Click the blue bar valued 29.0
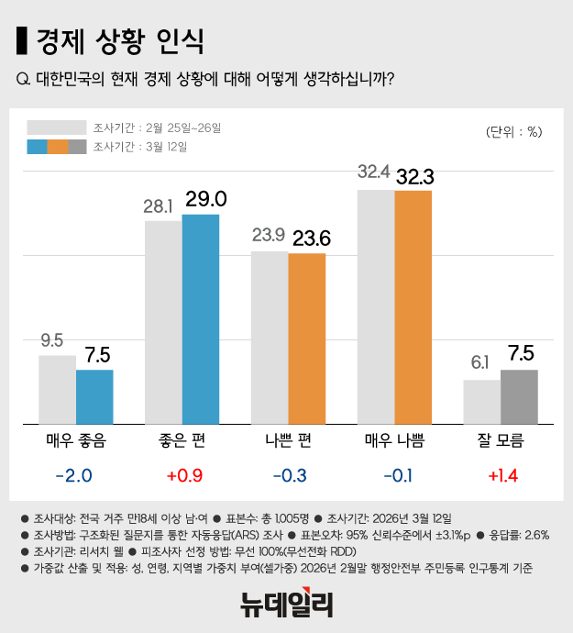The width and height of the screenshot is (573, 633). coord(201,319)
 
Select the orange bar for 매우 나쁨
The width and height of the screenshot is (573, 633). coord(413,307)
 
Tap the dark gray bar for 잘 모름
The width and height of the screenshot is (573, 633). coord(519,397)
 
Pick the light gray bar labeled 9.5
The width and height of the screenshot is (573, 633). coord(57,390)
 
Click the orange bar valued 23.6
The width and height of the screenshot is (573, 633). coord(307,339)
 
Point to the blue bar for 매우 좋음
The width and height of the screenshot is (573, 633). coord(94,397)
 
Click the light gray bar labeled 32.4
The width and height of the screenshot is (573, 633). coord(376,307)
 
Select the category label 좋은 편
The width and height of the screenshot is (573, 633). coord(182,441)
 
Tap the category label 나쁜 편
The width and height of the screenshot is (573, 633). coord(288,441)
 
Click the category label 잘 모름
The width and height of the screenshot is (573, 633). coord(501,441)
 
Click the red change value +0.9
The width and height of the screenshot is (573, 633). coord(182,476)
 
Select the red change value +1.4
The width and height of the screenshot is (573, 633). coord(501,476)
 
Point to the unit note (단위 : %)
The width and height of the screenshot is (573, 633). coord(514,131)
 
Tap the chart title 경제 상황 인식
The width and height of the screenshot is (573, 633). coord(119,40)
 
